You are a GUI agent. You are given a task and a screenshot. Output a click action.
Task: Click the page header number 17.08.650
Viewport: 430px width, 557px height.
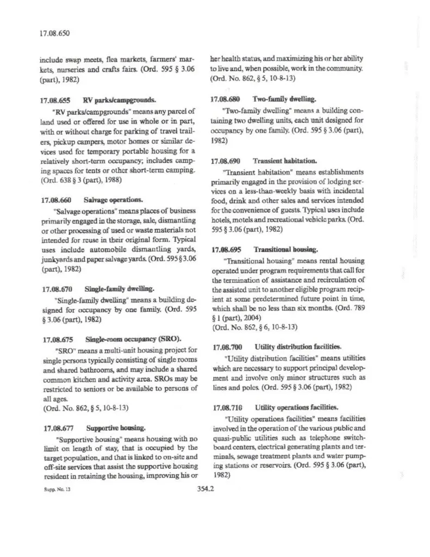click(54, 33)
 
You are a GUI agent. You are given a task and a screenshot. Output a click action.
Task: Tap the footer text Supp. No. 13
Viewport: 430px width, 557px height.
click(52, 490)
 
